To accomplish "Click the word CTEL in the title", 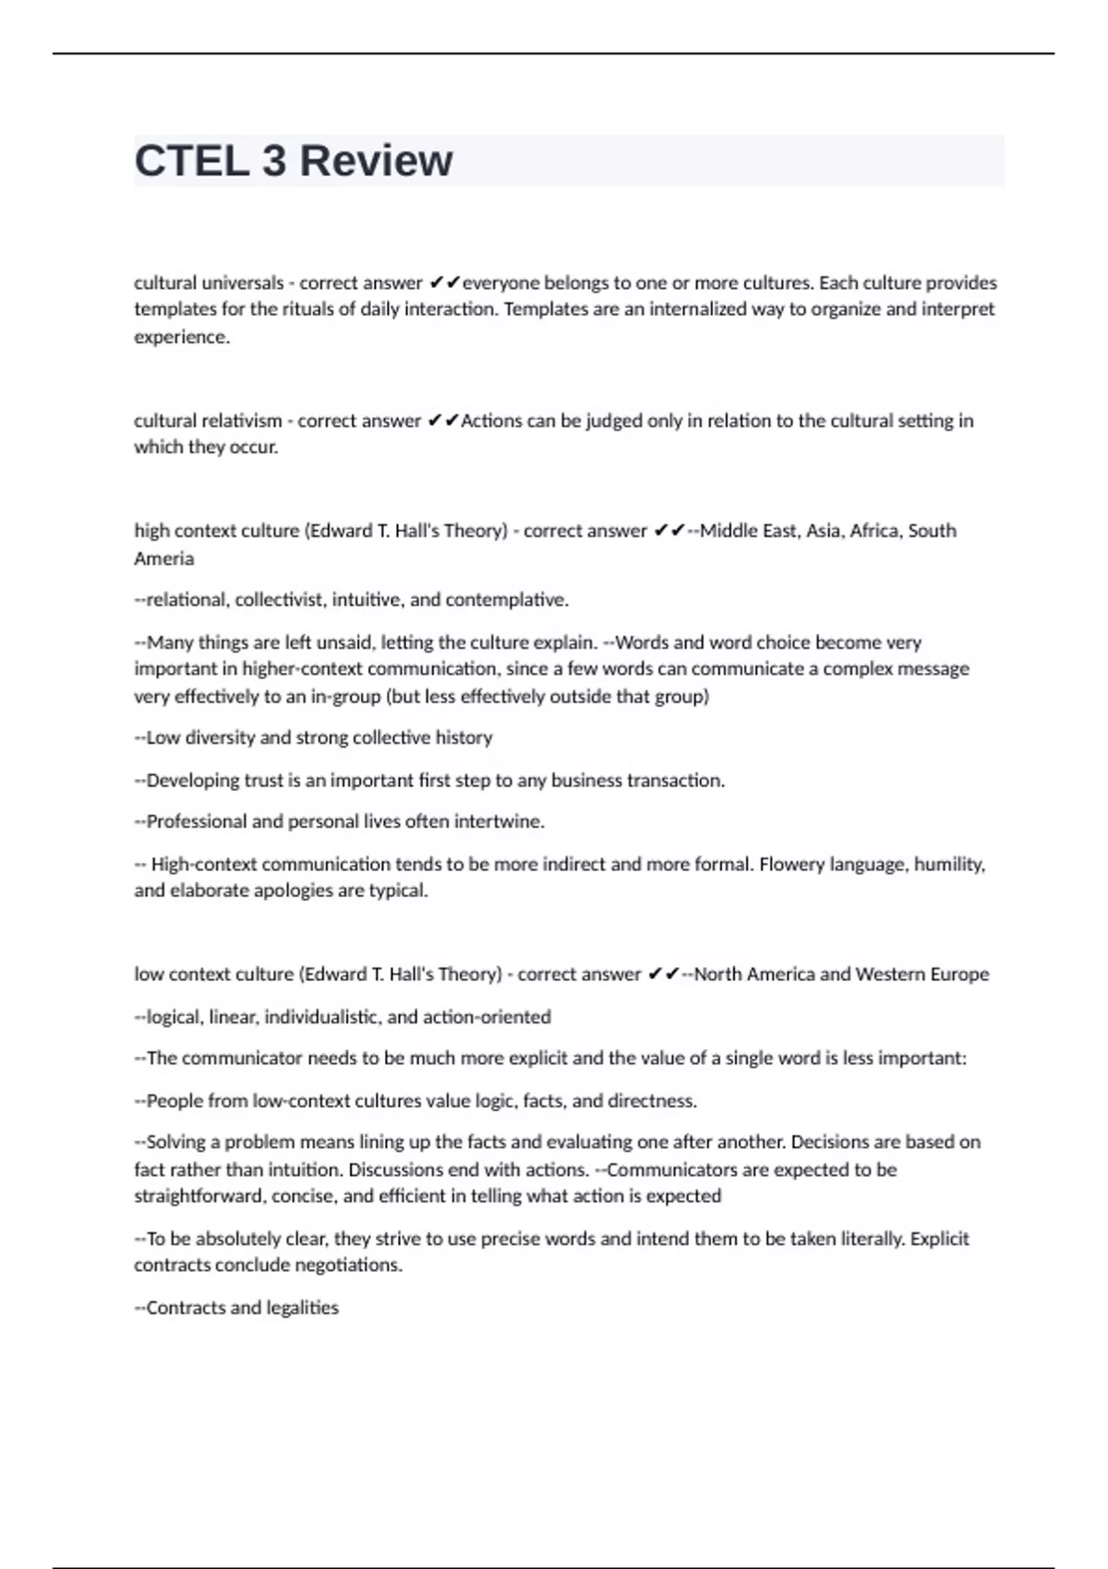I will click(x=191, y=161).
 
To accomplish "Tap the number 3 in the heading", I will click(x=274, y=161).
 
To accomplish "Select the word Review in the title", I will click(x=376, y=161).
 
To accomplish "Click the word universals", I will click(x=243, y=282).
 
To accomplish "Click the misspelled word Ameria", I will click(x=163, y=558).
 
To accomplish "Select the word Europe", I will click(x=959, y=975).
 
